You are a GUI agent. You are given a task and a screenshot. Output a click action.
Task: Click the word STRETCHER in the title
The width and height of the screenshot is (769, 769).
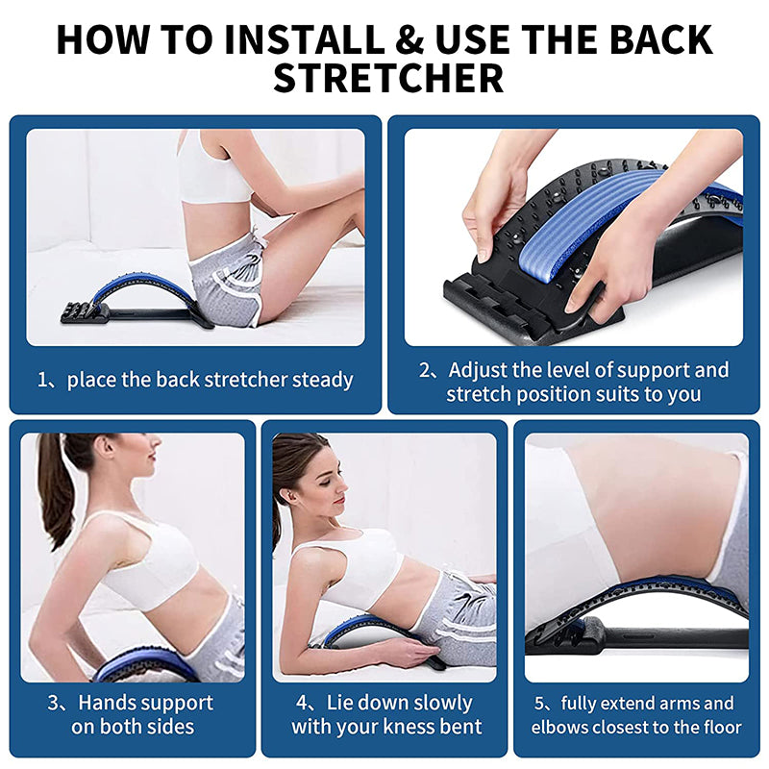click(387, 78)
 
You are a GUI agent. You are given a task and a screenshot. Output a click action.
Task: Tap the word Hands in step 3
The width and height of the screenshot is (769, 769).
click(109, 703)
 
